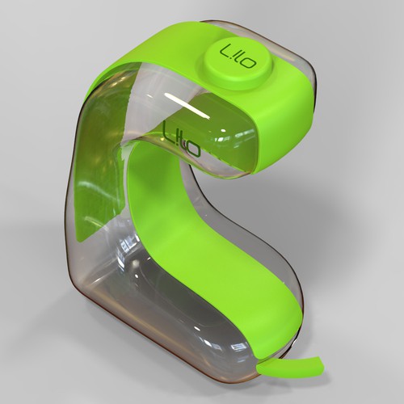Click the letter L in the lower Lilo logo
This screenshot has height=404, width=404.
point(168,130)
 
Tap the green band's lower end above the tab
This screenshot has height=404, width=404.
point(267,323)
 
